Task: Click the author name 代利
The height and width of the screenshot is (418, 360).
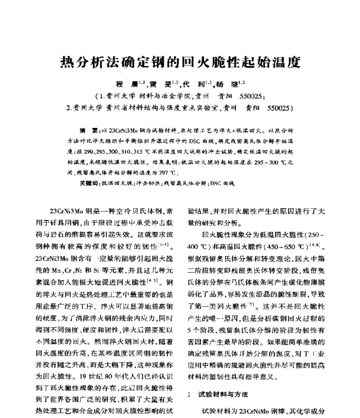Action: pyautogui.click(x=195, y=84)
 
